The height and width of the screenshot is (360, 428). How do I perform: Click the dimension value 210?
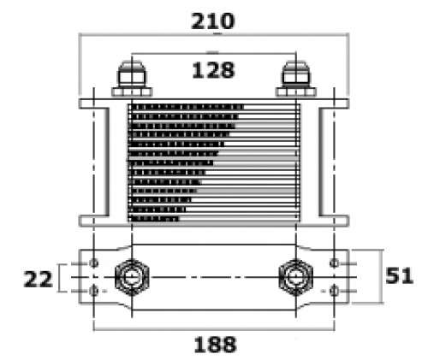pyautogui.click(x=215, y=20)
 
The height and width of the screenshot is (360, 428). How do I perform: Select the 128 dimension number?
pyautogui.click(x=214, y=70)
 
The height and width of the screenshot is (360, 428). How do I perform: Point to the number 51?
pyautogui.click(x=399, y=275)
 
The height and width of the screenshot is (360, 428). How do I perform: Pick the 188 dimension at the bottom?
pyautogui.click(x=214, y=345)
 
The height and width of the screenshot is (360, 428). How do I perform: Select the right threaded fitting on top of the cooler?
pyautogui.click(x=297, y=78)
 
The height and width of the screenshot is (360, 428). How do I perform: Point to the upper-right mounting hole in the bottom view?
pyautogui.click(x=335, y=261)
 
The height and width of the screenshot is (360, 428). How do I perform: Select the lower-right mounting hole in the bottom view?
pyautogui.click(x=335, y=292)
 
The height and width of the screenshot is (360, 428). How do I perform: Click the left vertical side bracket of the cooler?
pyautogui.click(x=100, y=162)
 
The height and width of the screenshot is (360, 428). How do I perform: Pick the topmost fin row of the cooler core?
pyautogui.click(x=214, y=108)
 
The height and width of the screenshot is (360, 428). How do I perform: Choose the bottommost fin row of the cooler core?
pyautogui.click(x=214, y=219)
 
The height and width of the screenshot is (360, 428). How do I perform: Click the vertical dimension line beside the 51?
pyautogui.click(x=379, y=275)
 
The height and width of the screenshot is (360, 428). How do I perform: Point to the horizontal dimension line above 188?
pyautogui.click(x=214, y=330)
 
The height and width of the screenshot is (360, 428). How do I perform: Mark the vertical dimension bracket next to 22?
pyautogui.click(x=60, y=278)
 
